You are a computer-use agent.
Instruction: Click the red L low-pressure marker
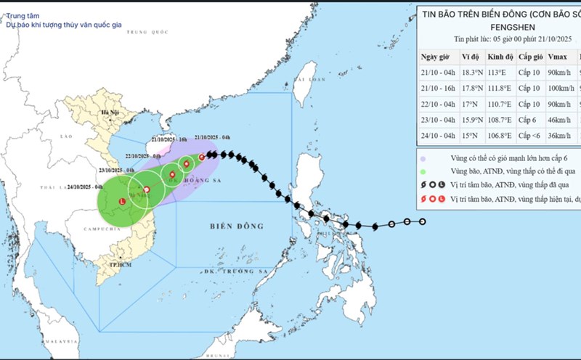122,201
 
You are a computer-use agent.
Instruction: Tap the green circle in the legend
423,171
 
